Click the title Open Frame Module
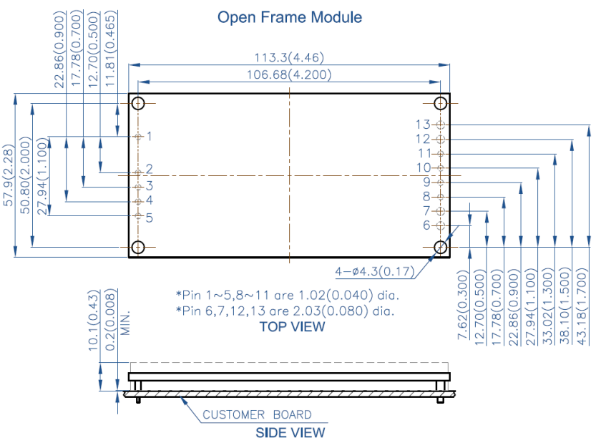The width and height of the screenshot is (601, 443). click(290, 16)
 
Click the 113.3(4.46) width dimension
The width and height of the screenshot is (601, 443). click(289, 57)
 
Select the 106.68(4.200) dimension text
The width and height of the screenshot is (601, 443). click(289, 74)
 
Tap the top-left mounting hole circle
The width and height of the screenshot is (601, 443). click(139, 103)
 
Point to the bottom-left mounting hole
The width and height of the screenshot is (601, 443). click(139, 248)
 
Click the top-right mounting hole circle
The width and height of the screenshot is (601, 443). click(441, 103)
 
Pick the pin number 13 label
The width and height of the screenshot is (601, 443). click(422, 125)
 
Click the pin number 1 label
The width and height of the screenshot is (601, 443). click(150, 136)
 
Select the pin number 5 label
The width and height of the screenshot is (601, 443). click(150, 218)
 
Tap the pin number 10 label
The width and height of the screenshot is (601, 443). click(423, 167)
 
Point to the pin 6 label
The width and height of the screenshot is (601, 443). click(426, 225)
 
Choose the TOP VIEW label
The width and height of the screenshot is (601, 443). click(292, 327)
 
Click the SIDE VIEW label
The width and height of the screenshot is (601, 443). click(290, 432)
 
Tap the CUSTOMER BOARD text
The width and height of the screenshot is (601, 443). click(257, 414)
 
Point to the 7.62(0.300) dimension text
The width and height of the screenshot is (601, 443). click(462, 307)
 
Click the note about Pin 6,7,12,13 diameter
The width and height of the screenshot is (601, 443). click(285, 311)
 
